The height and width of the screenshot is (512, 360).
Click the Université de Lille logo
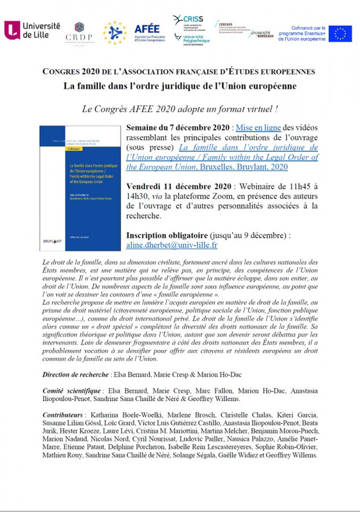(32, 30)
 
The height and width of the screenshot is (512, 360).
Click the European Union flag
(340, 34)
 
